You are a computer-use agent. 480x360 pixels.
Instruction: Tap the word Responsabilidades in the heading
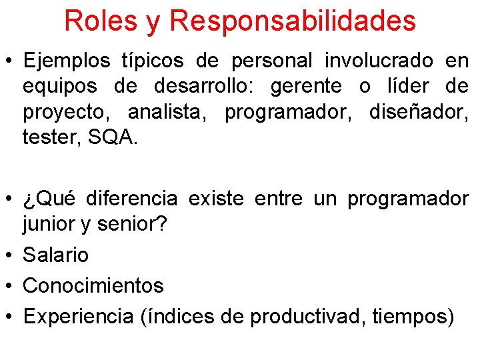coord(293,21)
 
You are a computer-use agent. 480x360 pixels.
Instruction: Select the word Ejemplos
coord(67,61)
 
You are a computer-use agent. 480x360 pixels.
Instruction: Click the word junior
coord(49,225)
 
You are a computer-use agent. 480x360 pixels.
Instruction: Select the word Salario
coord(55,255)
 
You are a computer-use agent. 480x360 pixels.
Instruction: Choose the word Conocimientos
coord(93,285)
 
